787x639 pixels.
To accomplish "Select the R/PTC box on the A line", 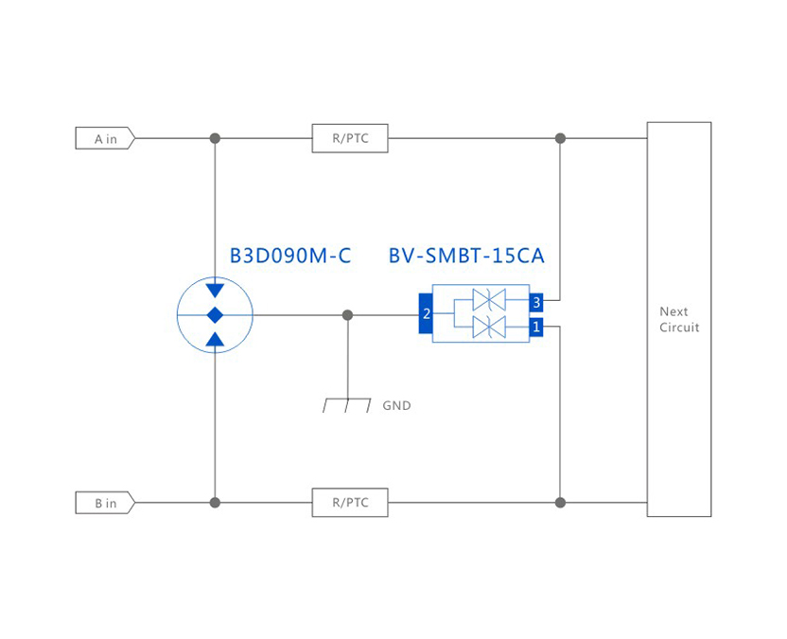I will pyautogui.click(x=350, y=139).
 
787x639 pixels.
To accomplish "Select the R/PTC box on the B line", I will pyautogui.click(x=350, y=503).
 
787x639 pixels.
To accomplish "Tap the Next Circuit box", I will pyautogui.click(x=678, y=319).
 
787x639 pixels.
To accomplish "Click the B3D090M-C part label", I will pyautogui.click(x=290, y=256).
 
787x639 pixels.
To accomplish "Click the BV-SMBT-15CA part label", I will pyautogui.click(x=466, y=256).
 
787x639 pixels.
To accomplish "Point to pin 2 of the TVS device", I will pyautogui.click(x=426, y=314).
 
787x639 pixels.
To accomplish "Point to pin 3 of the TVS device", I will pyautogui.click(x=536, y=302).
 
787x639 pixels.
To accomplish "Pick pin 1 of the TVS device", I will pyautogui.click(x=536, y=328).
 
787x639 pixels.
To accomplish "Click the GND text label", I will pyautogui.click(x=396, y=405).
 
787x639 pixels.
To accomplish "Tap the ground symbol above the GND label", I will pyautogui.click(x=346, y=404).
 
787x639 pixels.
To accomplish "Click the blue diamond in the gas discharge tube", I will pyautogui.click(x=215, y=314).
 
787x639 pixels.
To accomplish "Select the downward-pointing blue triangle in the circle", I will pyautogui.click(x=215, y=290).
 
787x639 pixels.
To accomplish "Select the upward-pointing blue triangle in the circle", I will pyautogui.click(x=215, y=339).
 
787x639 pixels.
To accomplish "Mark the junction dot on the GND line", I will pyautogui.click(x=347, y=314).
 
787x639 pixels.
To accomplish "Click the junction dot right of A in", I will pyautogui.click(x=215, y=139).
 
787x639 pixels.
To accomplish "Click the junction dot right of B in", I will pyautogui.click(x=215, y=503).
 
